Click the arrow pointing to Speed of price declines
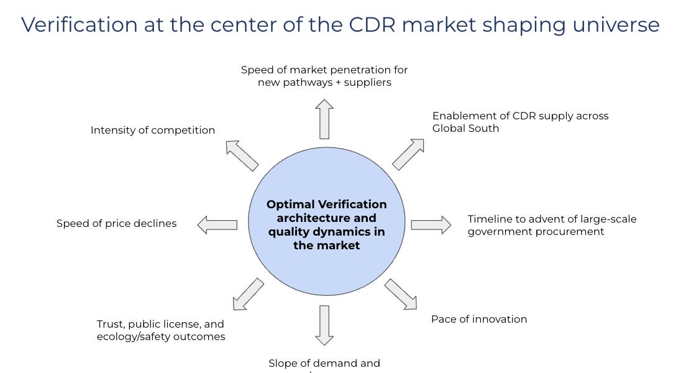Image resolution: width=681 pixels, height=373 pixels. (x=217, y=224)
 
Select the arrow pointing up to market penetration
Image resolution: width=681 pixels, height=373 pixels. (x=324, y=119)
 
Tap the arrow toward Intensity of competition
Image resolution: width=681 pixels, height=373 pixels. (x=242, y=155)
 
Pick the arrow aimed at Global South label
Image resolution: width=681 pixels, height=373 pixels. (x=408, y=154)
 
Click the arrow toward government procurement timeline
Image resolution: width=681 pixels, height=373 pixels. (x=431, y=224)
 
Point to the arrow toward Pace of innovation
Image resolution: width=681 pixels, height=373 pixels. (x=401, y=294)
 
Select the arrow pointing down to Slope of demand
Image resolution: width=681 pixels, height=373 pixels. (x=324, y=325)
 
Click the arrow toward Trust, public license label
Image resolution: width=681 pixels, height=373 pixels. (x=248, y=294)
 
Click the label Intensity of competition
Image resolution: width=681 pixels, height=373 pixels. (x=153, y=131)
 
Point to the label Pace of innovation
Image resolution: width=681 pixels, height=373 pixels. (x=479, y=320)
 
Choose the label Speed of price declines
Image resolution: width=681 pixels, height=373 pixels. (x=117, y=224)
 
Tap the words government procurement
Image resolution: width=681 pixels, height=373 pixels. (x=536, y=232)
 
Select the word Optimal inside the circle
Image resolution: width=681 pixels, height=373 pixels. (x=290, y=205)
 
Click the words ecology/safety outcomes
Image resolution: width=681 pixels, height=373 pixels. (x=161, y=337)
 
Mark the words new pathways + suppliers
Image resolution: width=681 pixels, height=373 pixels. (x=324, y=83)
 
